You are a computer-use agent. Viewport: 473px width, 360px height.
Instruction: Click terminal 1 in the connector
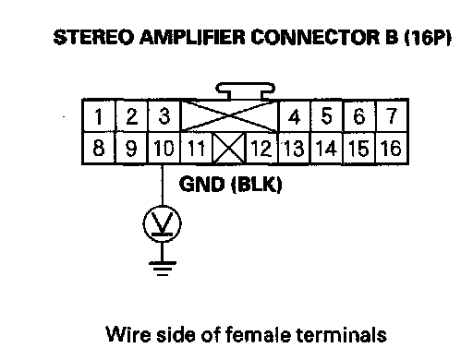[99, 116]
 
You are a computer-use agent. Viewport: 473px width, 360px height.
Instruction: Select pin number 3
[164, 116]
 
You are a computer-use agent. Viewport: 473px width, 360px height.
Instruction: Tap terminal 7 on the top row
[392, 116]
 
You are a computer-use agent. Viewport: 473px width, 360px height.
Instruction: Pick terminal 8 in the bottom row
[99, 148]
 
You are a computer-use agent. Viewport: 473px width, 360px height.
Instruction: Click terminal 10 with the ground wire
[164, 148]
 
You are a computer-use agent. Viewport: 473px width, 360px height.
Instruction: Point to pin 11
[197, 148]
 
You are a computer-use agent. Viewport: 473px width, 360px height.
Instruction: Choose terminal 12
[261, 148]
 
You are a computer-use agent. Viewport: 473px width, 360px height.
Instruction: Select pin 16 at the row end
[392, 148]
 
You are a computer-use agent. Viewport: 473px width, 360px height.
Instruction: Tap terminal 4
[295, 116]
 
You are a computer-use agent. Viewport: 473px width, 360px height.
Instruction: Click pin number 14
[326, 148]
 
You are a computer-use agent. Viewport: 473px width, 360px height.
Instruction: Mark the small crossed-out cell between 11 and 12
[229, 148]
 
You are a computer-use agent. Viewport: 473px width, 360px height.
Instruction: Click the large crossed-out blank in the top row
[229, 116]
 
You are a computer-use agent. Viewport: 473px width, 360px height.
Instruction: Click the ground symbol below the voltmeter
[163, 269]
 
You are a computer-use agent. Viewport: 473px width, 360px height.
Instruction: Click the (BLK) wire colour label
[257, 185]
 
